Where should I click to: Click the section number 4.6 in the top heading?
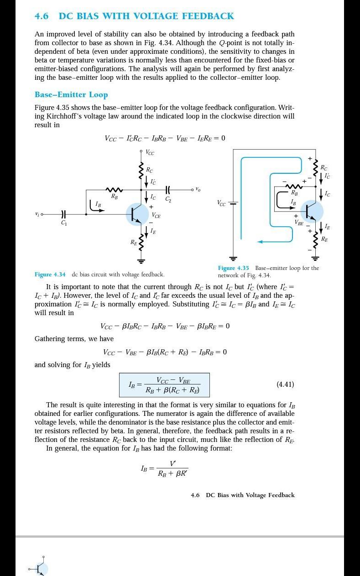pyautogui.click(x=42, y=16)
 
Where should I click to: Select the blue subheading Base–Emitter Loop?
pyautogui.click(x=71, y=95)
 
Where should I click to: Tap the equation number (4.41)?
pyautogui.click(x=285, y=384)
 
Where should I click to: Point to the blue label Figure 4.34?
pyautogui.click(x=50, y=275)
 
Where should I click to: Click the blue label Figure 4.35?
pyautogui.click(x=233, y=268)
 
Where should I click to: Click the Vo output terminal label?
pyautogui.click(x=198, y=189)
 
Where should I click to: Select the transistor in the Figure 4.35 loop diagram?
pyautogui.click(x=312, y=211)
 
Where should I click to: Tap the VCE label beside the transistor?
pyautogui.click(x=156, y=215)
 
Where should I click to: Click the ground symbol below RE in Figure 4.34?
pyautogui.click(x=141, y=261)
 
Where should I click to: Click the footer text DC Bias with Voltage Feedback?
pyautogui.click(x=250, y=495)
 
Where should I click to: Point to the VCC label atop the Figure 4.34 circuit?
pyautogui.click(x=150, y=153)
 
